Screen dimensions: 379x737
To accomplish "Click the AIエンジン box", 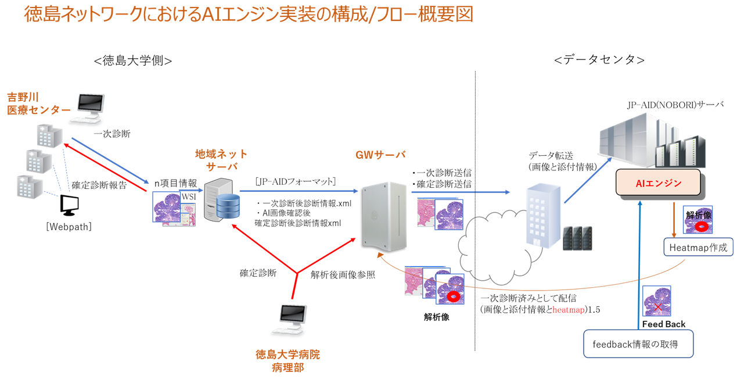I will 658,183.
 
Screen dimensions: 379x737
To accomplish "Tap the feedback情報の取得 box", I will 638,344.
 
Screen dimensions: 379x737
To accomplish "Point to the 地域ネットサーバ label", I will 221,160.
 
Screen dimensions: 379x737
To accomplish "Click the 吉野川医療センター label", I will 38,103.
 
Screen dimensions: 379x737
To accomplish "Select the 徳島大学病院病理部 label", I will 287,360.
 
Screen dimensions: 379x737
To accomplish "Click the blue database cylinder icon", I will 227,206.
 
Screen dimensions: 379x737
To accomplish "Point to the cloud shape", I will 494,238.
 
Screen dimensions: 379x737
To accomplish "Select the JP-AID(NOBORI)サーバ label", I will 675,105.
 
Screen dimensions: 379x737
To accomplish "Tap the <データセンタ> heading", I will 599,60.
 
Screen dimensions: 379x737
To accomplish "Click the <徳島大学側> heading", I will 132,60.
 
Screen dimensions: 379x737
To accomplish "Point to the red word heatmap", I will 569,310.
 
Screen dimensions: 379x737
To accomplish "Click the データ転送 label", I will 551,156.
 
